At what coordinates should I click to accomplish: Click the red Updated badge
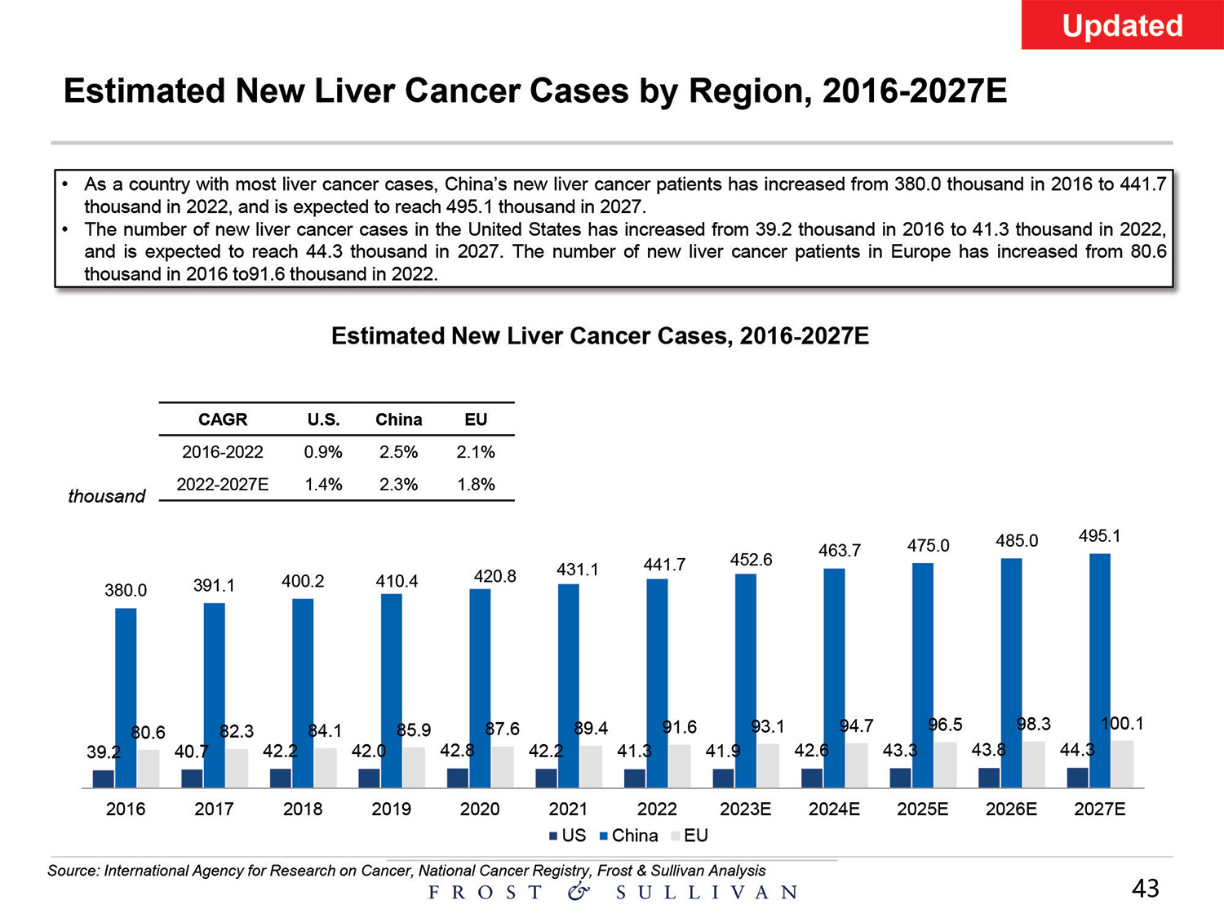1122,25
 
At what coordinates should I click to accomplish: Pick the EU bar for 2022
679,766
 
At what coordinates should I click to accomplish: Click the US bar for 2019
369,778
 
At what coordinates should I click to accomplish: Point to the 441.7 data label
664,565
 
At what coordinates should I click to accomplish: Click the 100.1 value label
1122,723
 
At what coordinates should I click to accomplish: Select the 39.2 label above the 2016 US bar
104,752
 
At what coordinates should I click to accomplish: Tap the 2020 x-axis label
480,809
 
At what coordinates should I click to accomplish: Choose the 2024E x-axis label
834,809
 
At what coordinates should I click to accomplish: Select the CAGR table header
223,419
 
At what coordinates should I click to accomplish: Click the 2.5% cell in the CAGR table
398,452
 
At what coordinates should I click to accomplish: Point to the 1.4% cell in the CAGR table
323,485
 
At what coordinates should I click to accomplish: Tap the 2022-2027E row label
223,485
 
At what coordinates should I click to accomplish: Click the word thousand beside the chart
106,496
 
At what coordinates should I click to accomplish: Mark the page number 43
1146,889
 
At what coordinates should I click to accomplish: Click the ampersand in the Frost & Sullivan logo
579,891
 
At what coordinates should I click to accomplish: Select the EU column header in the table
476,419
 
